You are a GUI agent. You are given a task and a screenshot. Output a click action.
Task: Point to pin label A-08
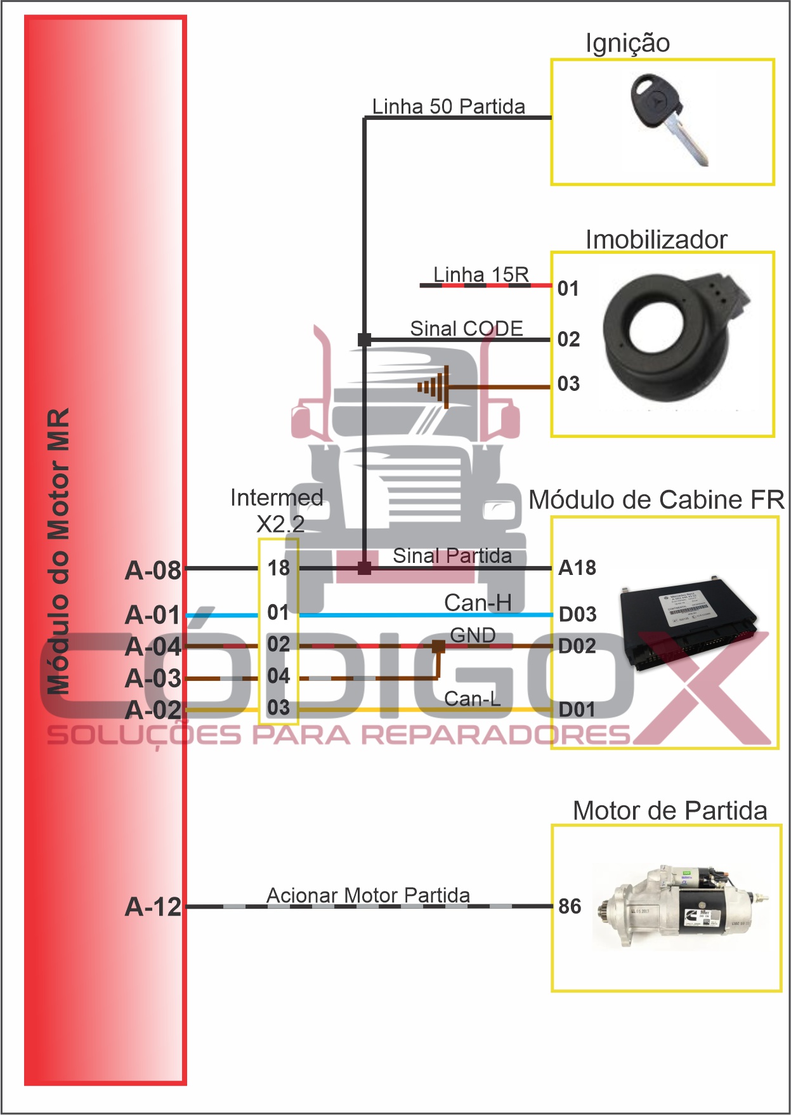153,570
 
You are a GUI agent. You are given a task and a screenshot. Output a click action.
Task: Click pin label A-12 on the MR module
153,907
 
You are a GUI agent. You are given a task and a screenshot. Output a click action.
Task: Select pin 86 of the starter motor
570,906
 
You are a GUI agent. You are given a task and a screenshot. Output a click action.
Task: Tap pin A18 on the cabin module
577,568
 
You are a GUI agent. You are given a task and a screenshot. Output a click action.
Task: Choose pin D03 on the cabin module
577,614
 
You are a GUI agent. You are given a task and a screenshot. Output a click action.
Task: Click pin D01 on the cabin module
577,709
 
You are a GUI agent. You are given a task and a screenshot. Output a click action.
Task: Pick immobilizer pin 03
568,384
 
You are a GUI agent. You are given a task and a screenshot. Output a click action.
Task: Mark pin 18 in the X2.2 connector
278,568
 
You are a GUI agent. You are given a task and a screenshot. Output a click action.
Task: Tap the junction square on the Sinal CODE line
364,340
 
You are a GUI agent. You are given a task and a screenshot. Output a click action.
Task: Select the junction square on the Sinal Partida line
364,568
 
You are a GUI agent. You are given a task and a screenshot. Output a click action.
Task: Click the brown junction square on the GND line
438,647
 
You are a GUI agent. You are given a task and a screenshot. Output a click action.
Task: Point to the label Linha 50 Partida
448,107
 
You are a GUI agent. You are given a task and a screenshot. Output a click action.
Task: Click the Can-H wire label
477,603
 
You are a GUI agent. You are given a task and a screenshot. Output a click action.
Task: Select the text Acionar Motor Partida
368,895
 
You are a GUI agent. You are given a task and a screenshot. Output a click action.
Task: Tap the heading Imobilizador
656,240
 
